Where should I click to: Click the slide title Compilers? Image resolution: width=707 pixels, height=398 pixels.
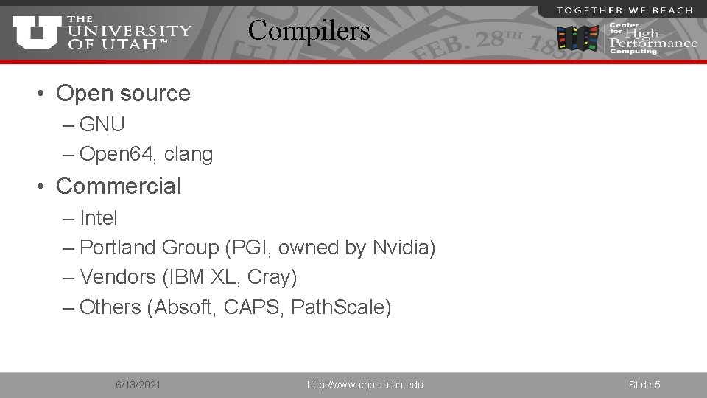coord(309,31)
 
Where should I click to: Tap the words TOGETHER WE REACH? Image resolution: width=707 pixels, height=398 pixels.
coord(625,10)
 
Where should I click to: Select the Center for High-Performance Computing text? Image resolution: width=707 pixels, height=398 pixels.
coord(652,38)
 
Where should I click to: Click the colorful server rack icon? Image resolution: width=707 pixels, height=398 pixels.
coord(578,38)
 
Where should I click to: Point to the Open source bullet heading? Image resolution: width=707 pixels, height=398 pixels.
coord(123,94)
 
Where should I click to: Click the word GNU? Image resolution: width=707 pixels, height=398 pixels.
coord(102,125)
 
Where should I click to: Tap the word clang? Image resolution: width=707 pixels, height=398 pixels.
coord(189,155)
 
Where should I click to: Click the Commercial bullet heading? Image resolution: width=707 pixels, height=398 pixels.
coord(119,186)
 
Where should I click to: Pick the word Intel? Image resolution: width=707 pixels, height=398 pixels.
coord(99,218)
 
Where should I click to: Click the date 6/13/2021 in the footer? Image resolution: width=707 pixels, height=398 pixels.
coord(139,385)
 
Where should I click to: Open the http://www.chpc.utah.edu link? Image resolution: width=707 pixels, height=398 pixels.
coord(365,385)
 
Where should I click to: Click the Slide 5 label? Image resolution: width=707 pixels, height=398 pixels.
coord(644,385)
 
